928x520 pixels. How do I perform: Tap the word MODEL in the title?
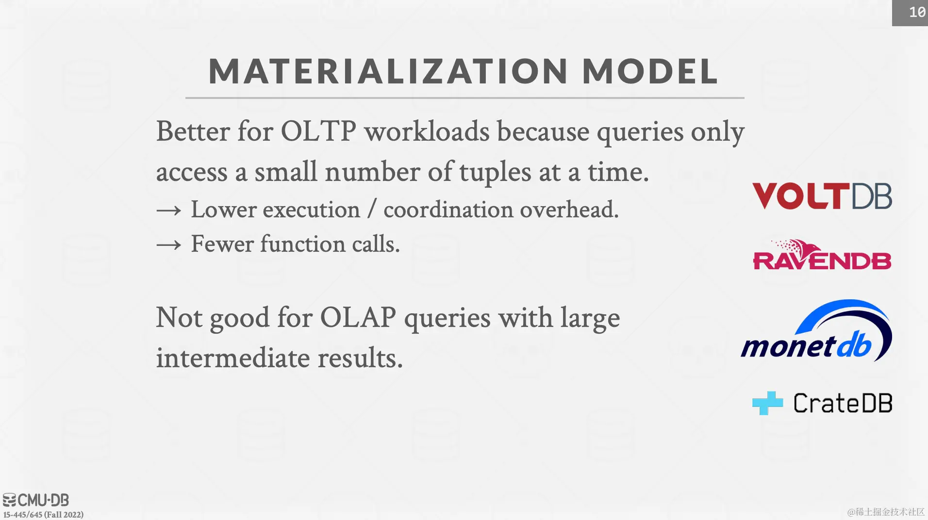coord(650,71)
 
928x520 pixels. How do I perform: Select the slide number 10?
coord(917,12)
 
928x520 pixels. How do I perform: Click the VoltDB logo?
coord(822,196)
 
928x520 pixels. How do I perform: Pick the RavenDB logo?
coord(822,255)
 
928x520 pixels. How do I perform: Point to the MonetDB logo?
coord(816,330)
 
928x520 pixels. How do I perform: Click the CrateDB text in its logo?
coord(843,403)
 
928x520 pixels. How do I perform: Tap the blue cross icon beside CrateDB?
coord(767,403)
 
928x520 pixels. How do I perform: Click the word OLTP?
coord(318,131)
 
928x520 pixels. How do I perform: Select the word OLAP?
coord(358,318)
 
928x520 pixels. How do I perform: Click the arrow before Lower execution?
coord(169,211)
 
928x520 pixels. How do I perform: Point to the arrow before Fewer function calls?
coord(169,245)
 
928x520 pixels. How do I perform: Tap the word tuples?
coord(495,173)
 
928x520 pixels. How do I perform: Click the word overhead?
coord(569,210)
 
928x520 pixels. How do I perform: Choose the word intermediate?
coord(233,358)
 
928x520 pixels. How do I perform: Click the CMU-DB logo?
coord(36,500)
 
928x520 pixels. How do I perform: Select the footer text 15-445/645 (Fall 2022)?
coord(43,515)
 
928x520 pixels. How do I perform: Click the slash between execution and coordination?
coord(372,210)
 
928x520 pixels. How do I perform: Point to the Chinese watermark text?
coord(886,512)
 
